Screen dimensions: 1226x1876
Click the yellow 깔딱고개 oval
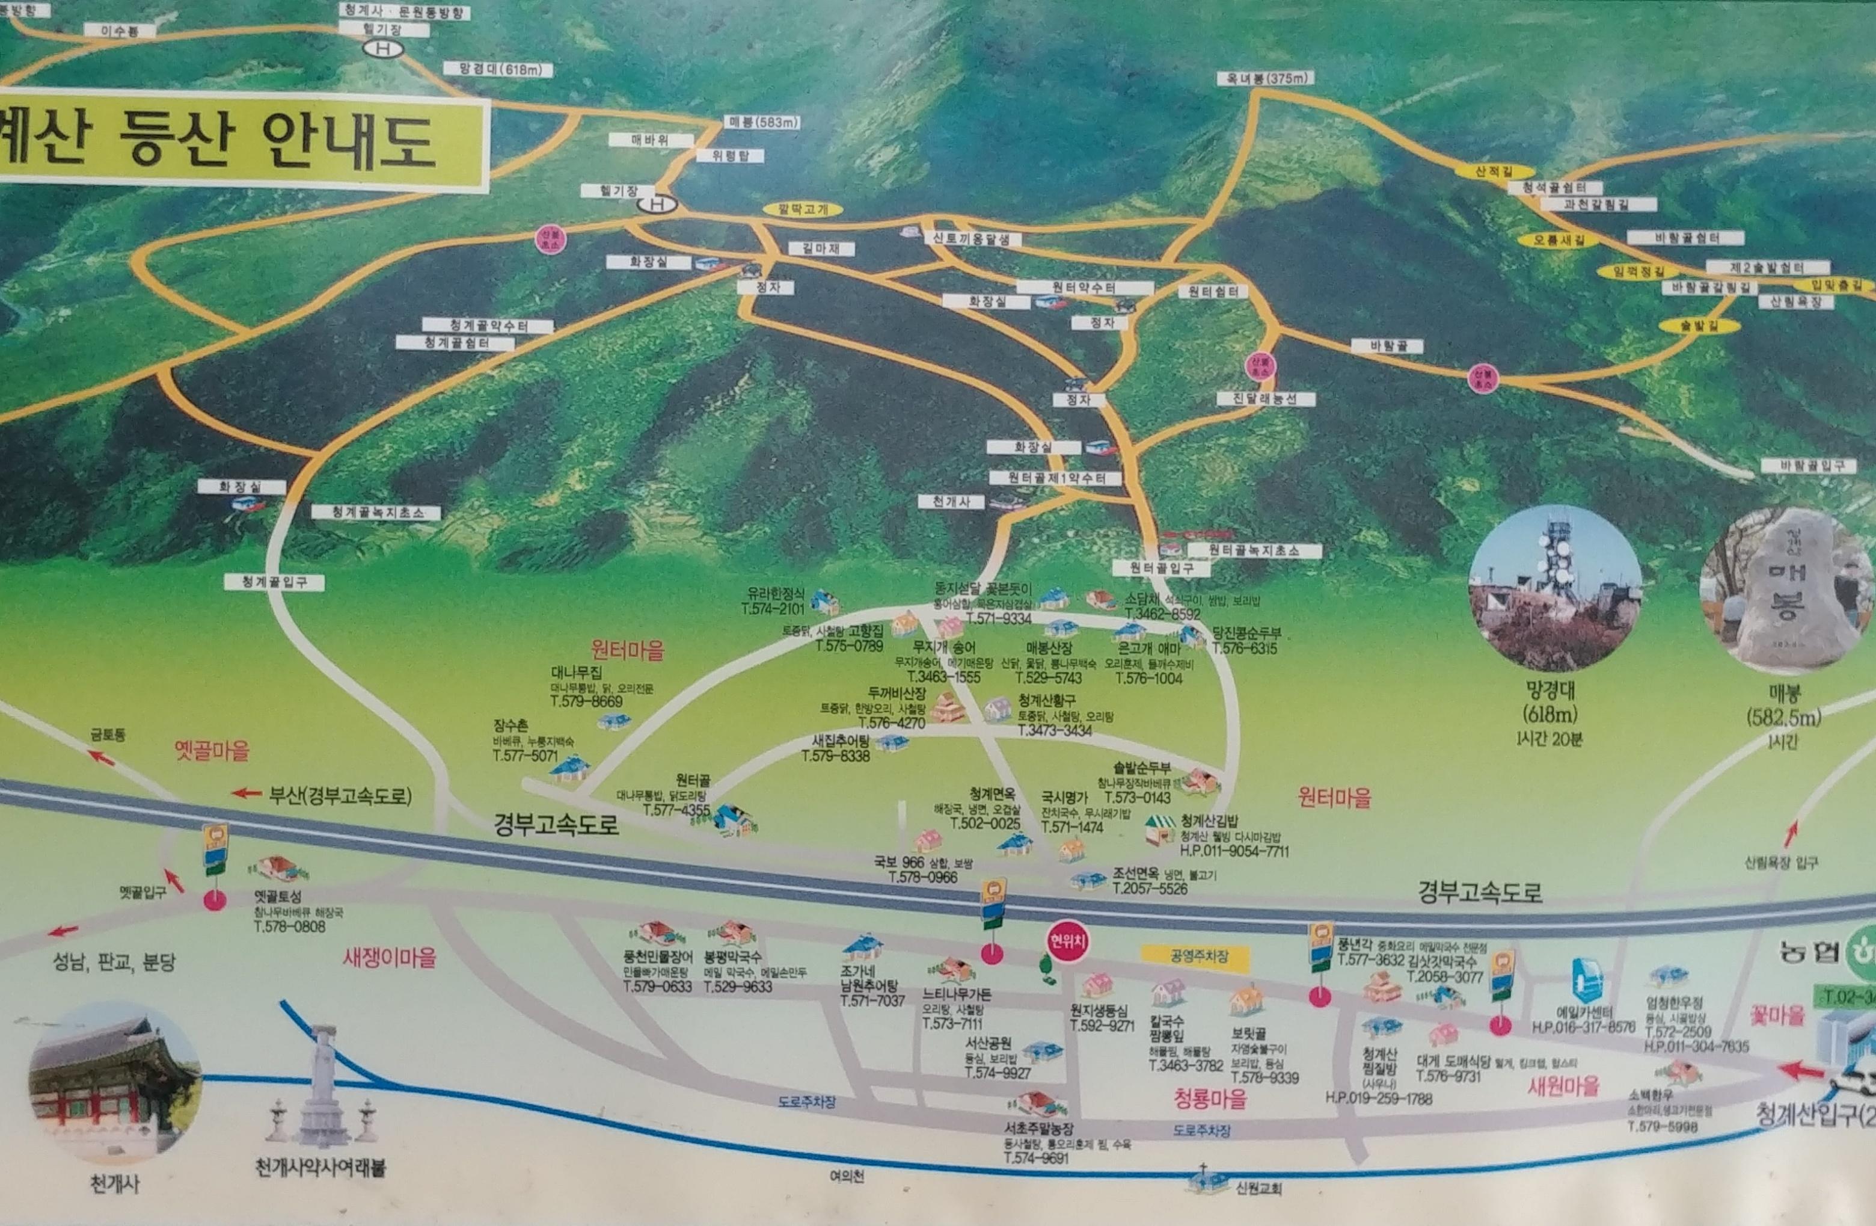click(803, 210)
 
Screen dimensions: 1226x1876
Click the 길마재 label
click(821, 249)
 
